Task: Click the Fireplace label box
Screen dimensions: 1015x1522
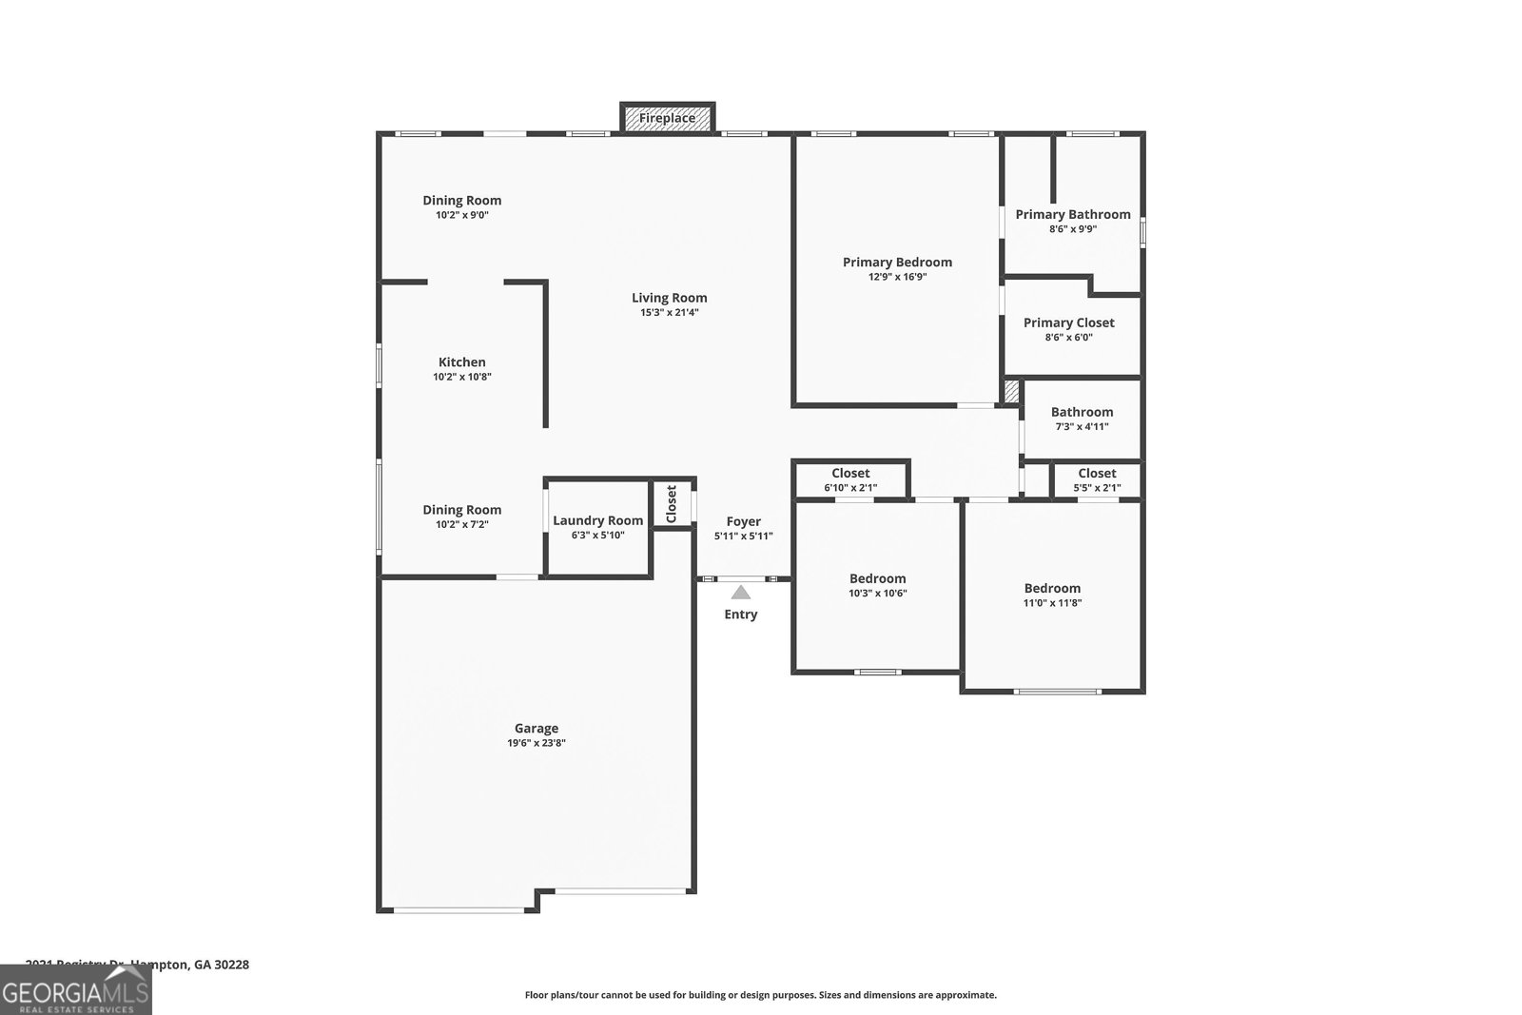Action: [x=667, y=118]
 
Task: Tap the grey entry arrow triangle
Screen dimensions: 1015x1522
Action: [x=740, y=593]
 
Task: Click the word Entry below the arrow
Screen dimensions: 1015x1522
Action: [x=740, y=615]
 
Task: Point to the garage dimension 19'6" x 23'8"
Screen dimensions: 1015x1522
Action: [x=537, y=744]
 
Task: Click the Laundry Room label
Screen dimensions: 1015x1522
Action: [x=597, y=520]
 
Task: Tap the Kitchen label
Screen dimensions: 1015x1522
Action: [x=461, y=362]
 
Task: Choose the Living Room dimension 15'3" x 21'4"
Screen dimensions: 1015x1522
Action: [x=669, y=313]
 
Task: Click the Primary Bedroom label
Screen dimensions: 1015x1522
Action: [x=897, y=263]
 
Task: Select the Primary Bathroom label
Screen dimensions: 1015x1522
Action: [x=1072, y=215]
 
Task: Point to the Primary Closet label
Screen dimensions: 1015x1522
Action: [x=1068, y=323]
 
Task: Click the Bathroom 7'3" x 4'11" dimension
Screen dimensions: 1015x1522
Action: [x=1082, y=427]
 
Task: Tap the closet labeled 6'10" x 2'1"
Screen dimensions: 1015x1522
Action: [x=850, y=480]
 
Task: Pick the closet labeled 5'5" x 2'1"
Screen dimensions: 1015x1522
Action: [x=1097, y=480]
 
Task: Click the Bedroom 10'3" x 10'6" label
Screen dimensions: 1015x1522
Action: [x=877, y=579]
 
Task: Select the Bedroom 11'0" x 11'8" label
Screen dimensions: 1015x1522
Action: [x=1052, y=589]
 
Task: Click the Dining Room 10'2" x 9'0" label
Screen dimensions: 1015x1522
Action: [x=461, y=201]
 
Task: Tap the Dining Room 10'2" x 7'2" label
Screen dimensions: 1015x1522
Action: [x=461, y=511]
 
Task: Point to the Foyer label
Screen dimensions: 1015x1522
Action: [x=743, y=522]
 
